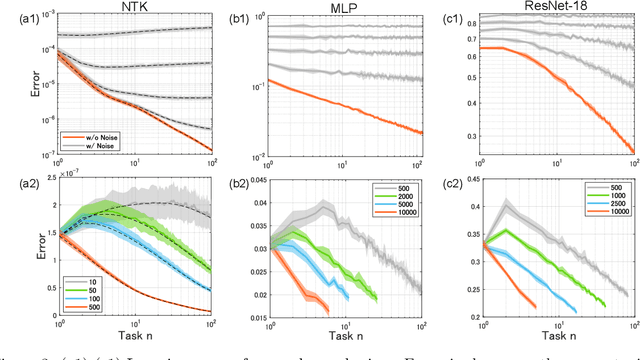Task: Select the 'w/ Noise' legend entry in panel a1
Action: click(97, 144)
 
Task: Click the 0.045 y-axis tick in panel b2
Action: click(268, 180)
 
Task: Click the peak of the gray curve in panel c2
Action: click(509, 203)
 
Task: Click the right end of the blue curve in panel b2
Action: click(347, 300)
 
